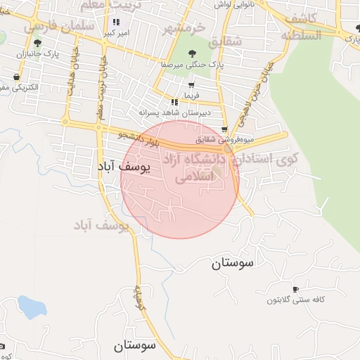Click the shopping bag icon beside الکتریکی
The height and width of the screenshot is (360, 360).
pyautogui.click(x=16, y=77)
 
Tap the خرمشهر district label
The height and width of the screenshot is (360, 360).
pyautogui.click(x=184, y=29)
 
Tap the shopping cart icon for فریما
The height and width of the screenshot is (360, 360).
pyautogui.click(x=191, y=84)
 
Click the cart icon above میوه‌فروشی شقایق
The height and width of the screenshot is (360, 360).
pyautogui.click(x=224, y=129)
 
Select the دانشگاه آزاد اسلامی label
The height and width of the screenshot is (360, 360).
pyautogui.click(x=194, y=169)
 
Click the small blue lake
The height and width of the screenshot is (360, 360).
pyautogui.click(x=31, y=307)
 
